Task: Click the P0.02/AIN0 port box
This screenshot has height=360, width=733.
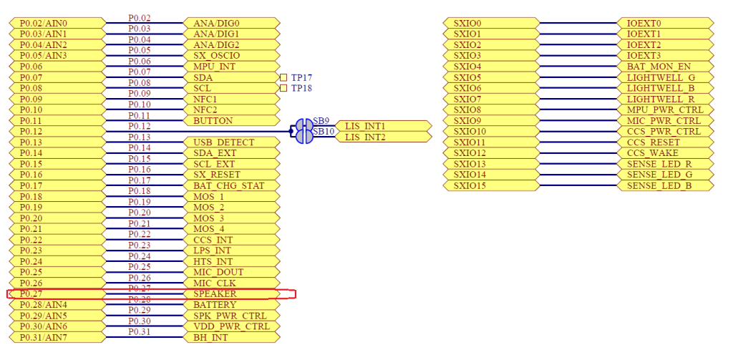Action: [57, 23]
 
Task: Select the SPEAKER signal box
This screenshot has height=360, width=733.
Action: [231, 294]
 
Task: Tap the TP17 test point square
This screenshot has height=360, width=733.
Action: [283, 77]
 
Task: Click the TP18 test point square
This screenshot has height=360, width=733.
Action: [283, 88]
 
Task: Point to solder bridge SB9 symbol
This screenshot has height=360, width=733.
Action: [301, 125]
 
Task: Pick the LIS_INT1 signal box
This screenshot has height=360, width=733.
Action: [383, 126]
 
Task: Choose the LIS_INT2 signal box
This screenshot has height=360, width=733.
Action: [383, 137]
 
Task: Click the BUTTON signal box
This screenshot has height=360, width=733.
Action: [231, 121]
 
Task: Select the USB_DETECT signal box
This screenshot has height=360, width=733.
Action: [231, 142]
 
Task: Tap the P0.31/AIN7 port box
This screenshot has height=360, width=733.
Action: [57, 338]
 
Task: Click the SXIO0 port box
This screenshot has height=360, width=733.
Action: [491, 23]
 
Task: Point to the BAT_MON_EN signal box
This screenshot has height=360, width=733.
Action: [665, 67]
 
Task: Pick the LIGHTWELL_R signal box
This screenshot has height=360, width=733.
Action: [665, 99]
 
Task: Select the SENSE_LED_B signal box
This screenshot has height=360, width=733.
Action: [665, 186]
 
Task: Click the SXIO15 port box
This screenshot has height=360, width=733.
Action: [491, 186]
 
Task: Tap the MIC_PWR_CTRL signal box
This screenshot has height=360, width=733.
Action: [665, 121]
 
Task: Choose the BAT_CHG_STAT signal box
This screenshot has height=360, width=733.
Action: [231, 186]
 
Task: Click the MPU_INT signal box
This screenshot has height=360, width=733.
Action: [231, 67]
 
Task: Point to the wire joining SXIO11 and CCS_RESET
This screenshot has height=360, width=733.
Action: [578, 142]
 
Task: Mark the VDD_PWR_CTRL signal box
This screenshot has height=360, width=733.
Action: [231, 327]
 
